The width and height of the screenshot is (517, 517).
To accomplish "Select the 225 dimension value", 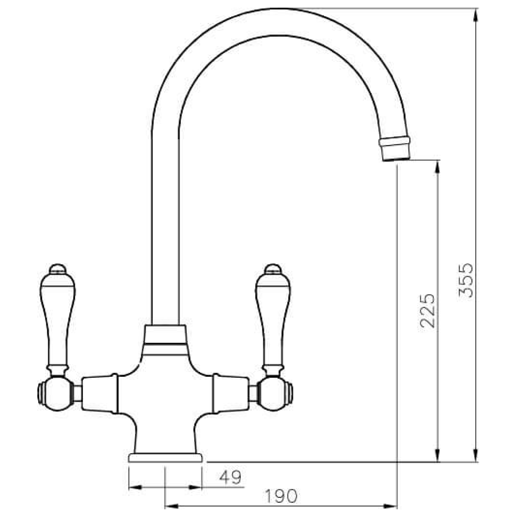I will click(x=427, y=310).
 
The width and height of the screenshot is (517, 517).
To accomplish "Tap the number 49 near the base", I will click(x=230, y=477).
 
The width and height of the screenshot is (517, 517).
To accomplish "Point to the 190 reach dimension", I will click(x=280, y=496).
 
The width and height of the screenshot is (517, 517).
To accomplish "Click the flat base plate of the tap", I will click(x=166, y=458).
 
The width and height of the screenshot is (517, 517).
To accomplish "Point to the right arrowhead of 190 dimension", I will click(x=392, y=506).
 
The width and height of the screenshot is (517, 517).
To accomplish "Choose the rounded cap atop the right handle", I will click(x=273, y=268).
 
